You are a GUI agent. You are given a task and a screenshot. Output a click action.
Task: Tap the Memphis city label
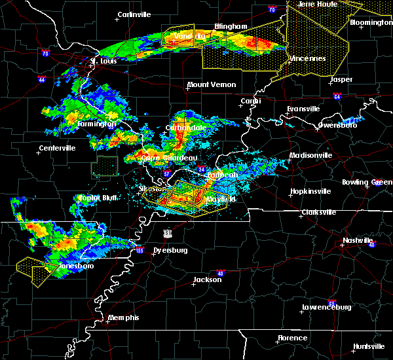click(124, 317)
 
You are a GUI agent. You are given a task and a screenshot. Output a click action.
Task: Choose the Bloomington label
click(371, 22)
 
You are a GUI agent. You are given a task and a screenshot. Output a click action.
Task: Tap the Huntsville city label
click(369, 346)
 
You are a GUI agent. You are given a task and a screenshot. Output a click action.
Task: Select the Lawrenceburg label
click(327, 307)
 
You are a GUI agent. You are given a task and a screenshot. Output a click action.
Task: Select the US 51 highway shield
click(169, 233)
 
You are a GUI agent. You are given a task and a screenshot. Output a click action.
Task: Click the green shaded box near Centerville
click(104, 166)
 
